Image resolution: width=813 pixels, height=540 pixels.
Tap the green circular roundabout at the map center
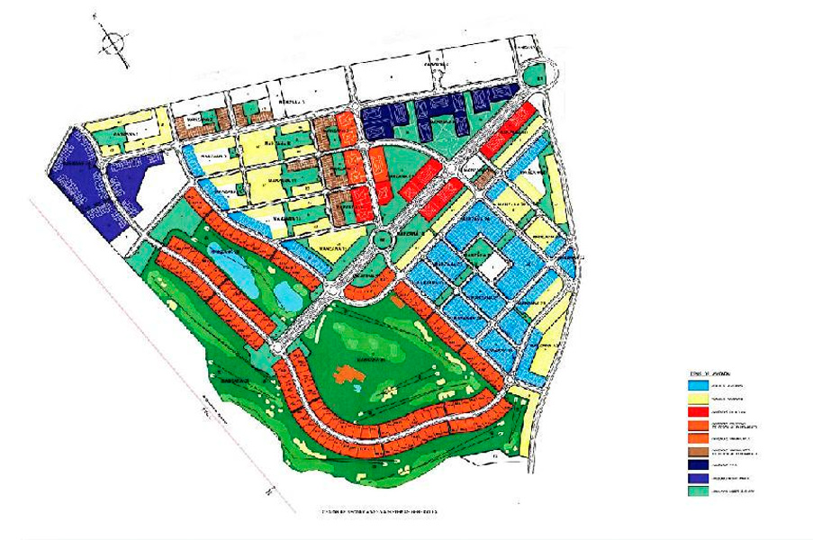click(382, 238)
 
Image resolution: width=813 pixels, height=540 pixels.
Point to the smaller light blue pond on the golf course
click(287, 293)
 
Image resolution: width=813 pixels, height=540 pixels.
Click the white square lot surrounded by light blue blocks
click(492, 265)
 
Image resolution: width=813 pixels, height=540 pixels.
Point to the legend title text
click(704, 373)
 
